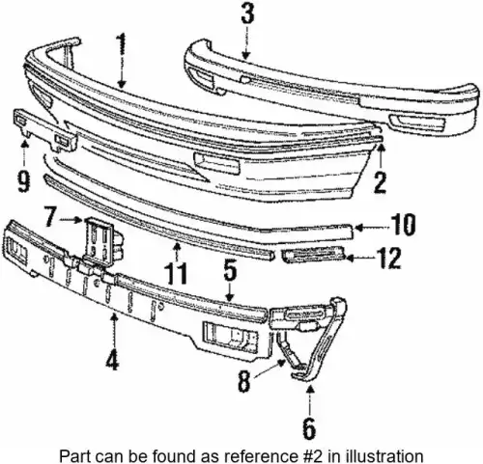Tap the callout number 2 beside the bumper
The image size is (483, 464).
pyautogui.click(x=380, y=182)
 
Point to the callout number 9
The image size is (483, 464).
pyautogui.click(x=24, y=181)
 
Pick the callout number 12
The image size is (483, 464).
pyautogui.click(x=389, y=258)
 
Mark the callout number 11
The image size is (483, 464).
pyautogui.click(x=176, y=273)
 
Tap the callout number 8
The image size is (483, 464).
pyautogui.click(x=244, y=381)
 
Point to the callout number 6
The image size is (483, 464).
pyautogui.click(x=309, y=427)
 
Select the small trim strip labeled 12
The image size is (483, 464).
pyautogui.click(x=313, y=254)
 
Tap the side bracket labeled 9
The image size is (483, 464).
pyautogui.click(x=44, y=130)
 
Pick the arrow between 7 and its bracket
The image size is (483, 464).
pyautogui.click(x=71, y=220)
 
